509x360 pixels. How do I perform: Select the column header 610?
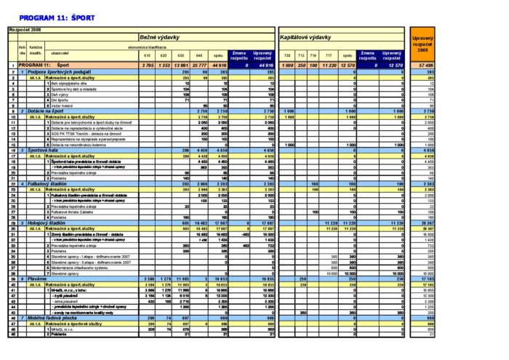147,57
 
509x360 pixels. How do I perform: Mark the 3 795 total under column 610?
148,66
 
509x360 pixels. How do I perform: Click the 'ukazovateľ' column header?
60,52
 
